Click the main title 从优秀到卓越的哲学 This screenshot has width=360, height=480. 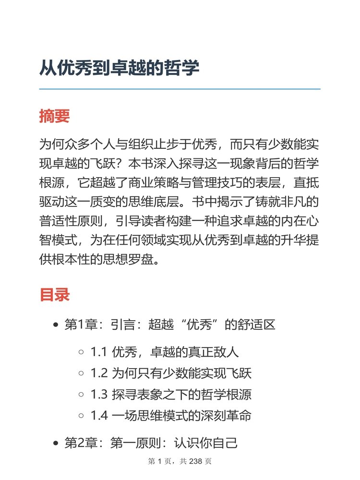(119, 68)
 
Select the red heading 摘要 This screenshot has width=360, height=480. (54, 116)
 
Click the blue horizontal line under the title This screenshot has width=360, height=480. (180, 89)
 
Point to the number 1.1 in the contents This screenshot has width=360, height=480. (98, 352)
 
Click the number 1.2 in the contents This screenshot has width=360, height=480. (98, 373)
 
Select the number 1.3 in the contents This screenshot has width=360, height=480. (98, 395)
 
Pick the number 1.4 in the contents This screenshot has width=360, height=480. (98, 416)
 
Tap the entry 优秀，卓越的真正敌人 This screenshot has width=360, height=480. (175, 352)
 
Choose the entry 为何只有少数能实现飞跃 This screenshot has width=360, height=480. (182, 373)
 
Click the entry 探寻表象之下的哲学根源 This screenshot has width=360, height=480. (182, 395)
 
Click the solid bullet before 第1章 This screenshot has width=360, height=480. (56, 325)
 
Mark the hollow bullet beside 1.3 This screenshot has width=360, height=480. (81, 395)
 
